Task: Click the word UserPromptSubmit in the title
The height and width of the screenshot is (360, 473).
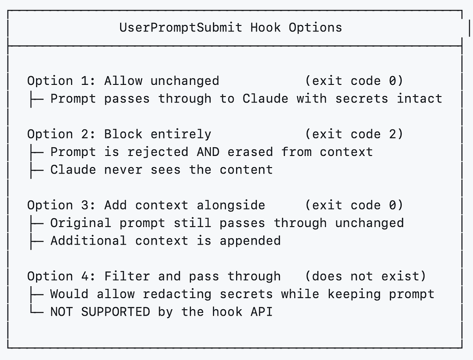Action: pyautogui.click(x=181, y=28)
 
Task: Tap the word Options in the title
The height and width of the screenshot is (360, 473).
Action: pyautogui.click(x=315, y=28)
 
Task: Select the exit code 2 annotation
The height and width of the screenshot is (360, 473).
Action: pyautogui.click(x=354, y=134)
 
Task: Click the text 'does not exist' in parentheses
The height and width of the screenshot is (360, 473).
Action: pyautogui.click(x=366, y=276)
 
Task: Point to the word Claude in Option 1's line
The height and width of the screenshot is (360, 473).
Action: pyautogui.click(x=265, y=99)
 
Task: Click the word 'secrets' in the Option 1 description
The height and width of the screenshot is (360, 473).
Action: pyautogui.click(x=362, y=99)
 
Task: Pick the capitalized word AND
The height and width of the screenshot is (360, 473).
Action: pyautogui.click(x=208, y=152)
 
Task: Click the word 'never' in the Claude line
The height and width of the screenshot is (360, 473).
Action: pyautogui.click(x=123, y=170)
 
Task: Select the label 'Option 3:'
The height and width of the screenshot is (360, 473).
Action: pyautogui.click(x=61, y=205)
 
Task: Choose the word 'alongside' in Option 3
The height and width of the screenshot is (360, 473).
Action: pyautogui.click(x=231, y=205)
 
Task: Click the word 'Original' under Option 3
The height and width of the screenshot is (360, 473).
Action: pyautogui.click(x=81, y=223)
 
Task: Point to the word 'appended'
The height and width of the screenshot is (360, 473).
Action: pyautogui.click(x=250, y=241)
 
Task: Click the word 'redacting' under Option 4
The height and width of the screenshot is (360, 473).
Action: pyautogui.click(x=177, y=294)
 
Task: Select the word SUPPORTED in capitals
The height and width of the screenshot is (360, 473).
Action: pyautogui.click(x=115, y=312)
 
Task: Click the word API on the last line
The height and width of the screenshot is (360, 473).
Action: pyautogui.click(x=261, y=312)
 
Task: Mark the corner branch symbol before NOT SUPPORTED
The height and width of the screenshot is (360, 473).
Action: pyautogui.click(x=36, y=311)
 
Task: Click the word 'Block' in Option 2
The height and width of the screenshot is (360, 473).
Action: pyautogui.click(x=123, y=134)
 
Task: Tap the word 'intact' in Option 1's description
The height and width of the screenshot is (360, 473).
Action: pyautogui.click(x=419, y=99)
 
